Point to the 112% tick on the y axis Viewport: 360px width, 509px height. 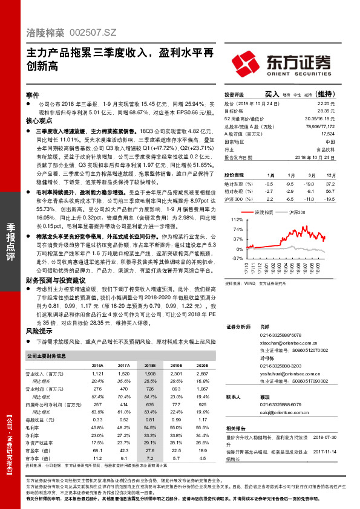(x=237, y=220)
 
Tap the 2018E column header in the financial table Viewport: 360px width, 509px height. (x=149, y=365)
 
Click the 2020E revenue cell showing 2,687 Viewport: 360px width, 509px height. (x=203, y=375)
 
